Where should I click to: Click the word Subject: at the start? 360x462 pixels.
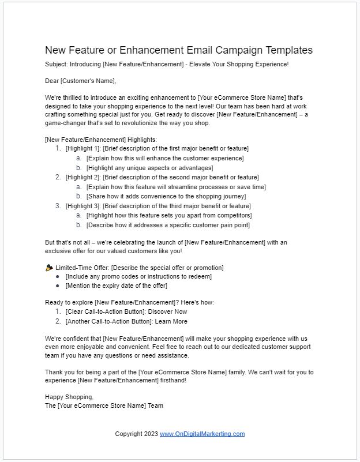(57, 64)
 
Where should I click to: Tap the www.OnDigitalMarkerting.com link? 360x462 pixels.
(202, 434)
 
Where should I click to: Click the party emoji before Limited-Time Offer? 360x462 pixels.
(49, 268)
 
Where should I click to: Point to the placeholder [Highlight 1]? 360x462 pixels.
(82, 149)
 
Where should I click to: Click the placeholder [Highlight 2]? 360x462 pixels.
(82, 177)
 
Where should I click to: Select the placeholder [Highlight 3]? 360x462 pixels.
(82, 206)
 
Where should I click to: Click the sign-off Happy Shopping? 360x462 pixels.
(69, 397)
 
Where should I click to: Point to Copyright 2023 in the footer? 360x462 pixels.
(136, 434)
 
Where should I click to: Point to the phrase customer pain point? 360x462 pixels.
(222, 225)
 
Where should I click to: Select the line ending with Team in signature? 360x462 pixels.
(104, 405)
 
